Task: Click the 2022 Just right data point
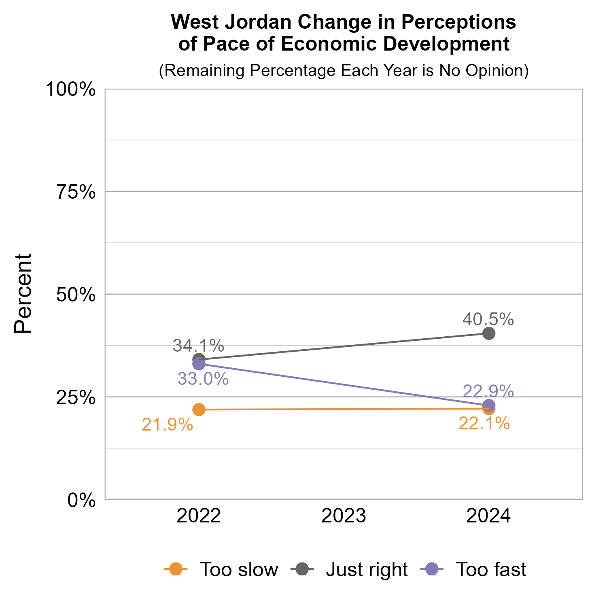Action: click(x=199, y=359)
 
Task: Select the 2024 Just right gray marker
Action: click(x=489, y=333)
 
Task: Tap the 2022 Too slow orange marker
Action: click(x=199, y=410)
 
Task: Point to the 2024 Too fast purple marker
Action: click(x=489, y=405)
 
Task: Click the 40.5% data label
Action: click(x=488, y=319)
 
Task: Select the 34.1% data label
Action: click(x=198, y=346)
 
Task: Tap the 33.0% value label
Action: click(x=203, y=379)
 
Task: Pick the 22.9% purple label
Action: click(x=488, y=391)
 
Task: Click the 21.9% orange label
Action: click(x=167, y=425)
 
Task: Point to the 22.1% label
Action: click(x=484, y=424)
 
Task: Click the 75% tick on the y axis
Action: click(x=76, y=192)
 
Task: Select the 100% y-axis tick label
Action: click(x=71, y=89)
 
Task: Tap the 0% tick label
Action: click(x=81, y=500)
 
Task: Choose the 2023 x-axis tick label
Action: click(x=344, y=517)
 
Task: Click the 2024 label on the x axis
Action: click(x=488, y=517)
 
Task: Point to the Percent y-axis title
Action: click(x=23, y=293)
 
